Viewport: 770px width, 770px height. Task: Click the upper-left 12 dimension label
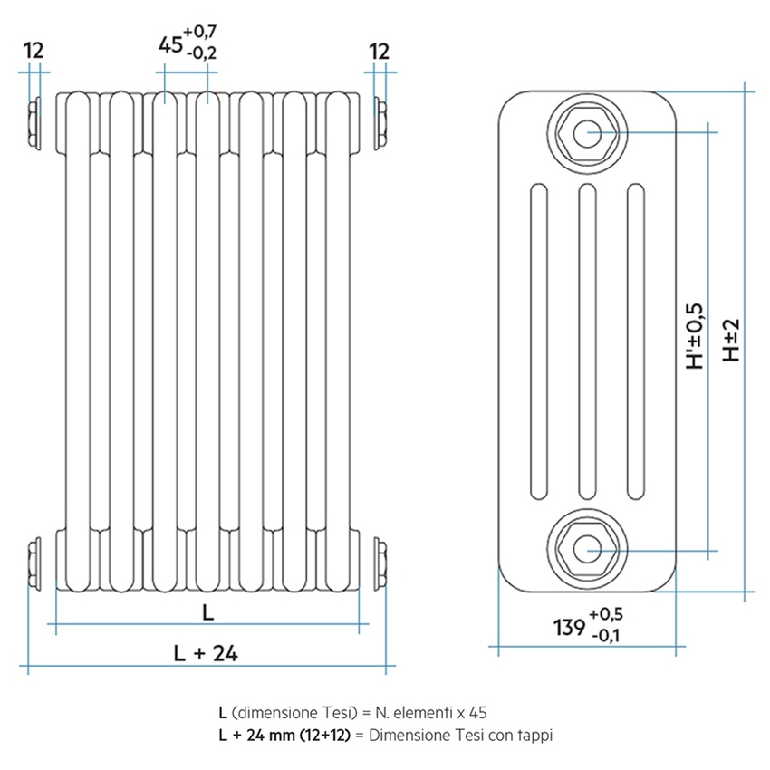(34, 51)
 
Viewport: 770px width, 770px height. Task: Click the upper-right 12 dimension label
(380, 51)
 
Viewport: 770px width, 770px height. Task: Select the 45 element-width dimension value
(168, 43)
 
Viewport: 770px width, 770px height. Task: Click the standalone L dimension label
(207, 612)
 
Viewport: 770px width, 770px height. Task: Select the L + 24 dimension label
(206, 653)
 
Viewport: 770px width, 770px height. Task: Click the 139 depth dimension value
(568, 626)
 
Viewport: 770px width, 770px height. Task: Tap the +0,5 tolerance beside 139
(605, 614)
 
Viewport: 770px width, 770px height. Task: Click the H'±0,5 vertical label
(694, 335)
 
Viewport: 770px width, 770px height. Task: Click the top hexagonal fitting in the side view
(586, 133)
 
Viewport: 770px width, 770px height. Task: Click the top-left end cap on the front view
(34, 124)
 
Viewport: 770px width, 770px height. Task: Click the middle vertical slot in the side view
(586, 342)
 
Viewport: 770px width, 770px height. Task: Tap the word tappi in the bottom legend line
(534, 735)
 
